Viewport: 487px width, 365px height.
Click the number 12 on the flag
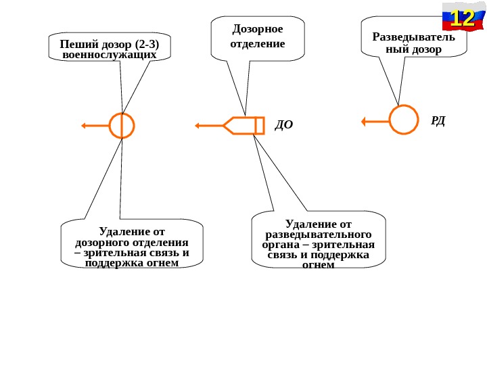[462, 18]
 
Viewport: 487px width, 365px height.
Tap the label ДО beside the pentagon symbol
[283, 124]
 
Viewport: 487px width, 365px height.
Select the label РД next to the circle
[438, 120]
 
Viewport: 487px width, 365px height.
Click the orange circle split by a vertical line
[122, 125]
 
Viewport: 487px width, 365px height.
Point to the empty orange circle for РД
[404, 120]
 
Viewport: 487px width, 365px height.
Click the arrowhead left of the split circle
[83, 125]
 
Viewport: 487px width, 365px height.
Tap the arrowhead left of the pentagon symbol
[198, 126]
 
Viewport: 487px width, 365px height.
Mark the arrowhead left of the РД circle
[364, 122]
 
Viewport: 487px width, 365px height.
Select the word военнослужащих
[109, 55]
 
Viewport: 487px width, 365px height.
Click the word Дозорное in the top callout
[258, 29]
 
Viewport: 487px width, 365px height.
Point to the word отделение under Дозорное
[258, 44]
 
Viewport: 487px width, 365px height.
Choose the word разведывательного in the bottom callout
[319, 234]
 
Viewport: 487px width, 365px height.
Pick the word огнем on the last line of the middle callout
[319, 265]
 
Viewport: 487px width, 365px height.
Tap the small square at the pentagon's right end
[260, 126]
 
